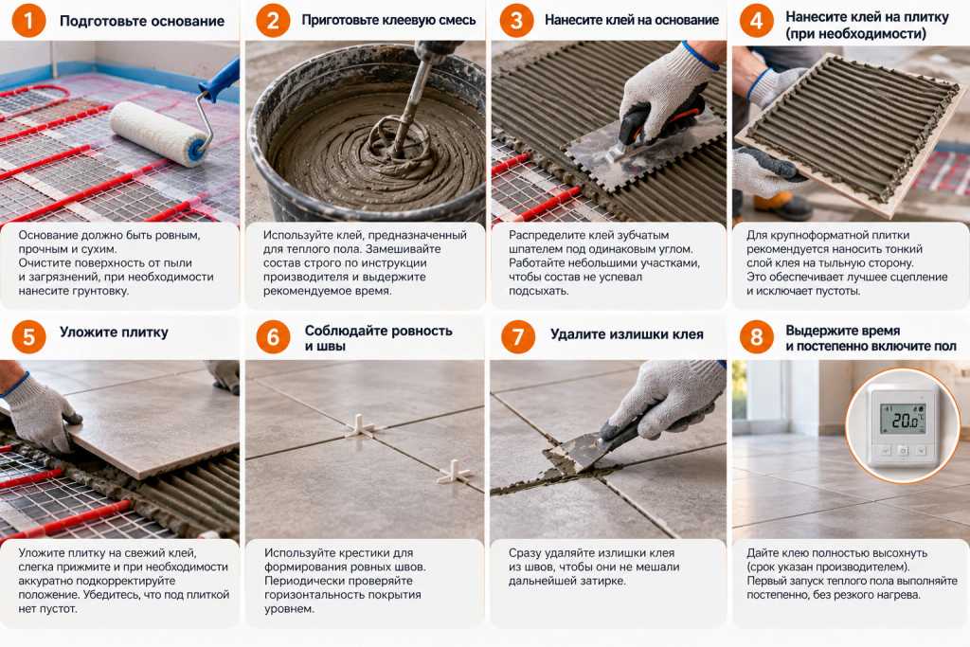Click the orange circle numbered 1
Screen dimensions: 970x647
click(28, 21)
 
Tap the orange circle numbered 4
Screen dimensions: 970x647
click(756, 21)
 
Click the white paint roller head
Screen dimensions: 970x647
click(159, 134)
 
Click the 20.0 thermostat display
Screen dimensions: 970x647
click(904, 421)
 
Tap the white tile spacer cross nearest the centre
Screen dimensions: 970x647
click(359, 426)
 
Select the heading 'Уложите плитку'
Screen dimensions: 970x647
click(114, 332)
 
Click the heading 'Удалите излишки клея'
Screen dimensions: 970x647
click(627, 334)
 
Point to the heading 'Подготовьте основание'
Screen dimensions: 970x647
click(142, 21)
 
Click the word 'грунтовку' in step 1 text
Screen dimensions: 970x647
click(99, 291)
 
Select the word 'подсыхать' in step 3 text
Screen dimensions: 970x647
click(539, 291)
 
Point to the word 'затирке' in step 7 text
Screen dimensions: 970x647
click(600, 581)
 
